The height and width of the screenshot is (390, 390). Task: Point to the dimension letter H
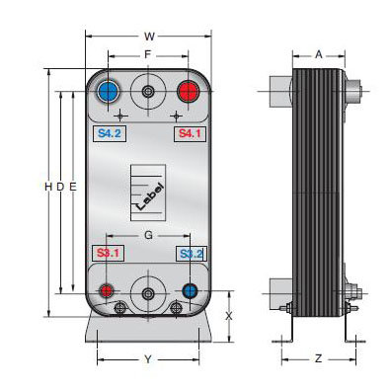pyautogui.click(x=46, y=186)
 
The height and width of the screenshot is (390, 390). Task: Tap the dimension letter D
pyautogui.click(x=59, y=186)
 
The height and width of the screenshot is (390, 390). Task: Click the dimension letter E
pyautogui.click(x=73, y=186)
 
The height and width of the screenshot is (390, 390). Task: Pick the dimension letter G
pyautogui.click(x=147, y=235)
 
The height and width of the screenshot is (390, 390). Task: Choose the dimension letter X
pyautogui.click(x=229, y=316)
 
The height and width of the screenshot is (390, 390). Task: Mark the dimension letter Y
pyautogui.click(x=147, y=358)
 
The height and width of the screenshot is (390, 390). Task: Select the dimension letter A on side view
pyautogui.click(x=318, y=56)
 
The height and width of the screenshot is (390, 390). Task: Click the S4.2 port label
pyautogui.click(x=108, y=132)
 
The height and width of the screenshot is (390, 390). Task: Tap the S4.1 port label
pyautogui.click(x=187, y=132)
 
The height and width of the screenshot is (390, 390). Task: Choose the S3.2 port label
pyautogui.click(x=190, y=254)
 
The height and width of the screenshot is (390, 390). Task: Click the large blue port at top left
pyautogui.click(x=108, y=93)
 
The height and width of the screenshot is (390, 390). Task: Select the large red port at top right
pyautogui.click(x=187, y=93)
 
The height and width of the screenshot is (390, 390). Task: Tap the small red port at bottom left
pyautogui.click(x=106, y=291)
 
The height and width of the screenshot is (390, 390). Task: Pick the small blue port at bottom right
pyautogui.click(x=190, y=291)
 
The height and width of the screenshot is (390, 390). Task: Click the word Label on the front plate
pyautogui.click(x=146, y=194)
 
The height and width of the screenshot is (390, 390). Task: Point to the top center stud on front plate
pyautogui.click(x=147, y=93)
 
